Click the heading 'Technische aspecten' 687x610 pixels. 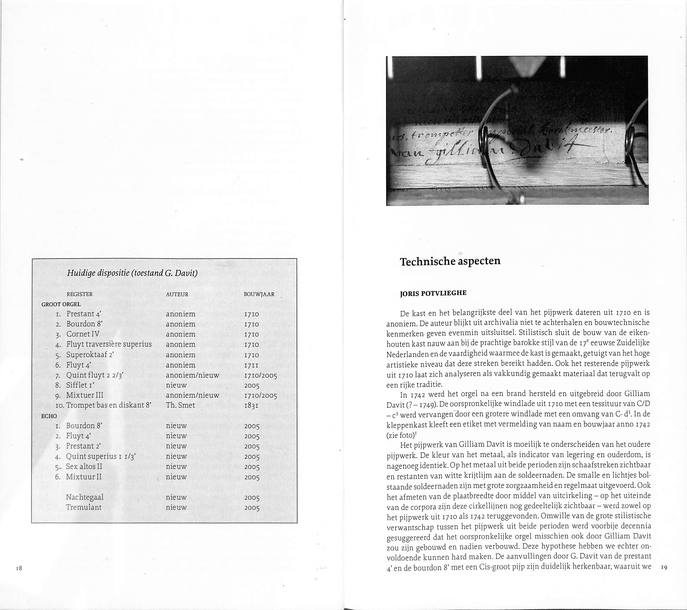click(450, 261)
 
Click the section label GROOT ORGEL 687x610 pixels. click(61, 304)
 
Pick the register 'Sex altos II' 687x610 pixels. click(84, 466)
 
